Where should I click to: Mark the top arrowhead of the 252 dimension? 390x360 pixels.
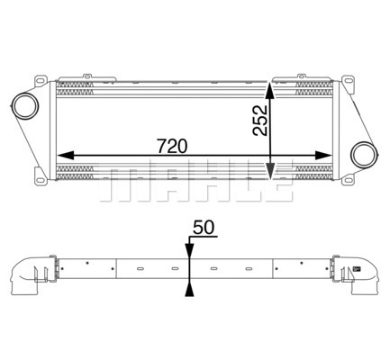(272, 91)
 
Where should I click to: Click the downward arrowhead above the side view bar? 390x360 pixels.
(188, 255)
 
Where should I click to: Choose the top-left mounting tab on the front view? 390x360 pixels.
(87, 76)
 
